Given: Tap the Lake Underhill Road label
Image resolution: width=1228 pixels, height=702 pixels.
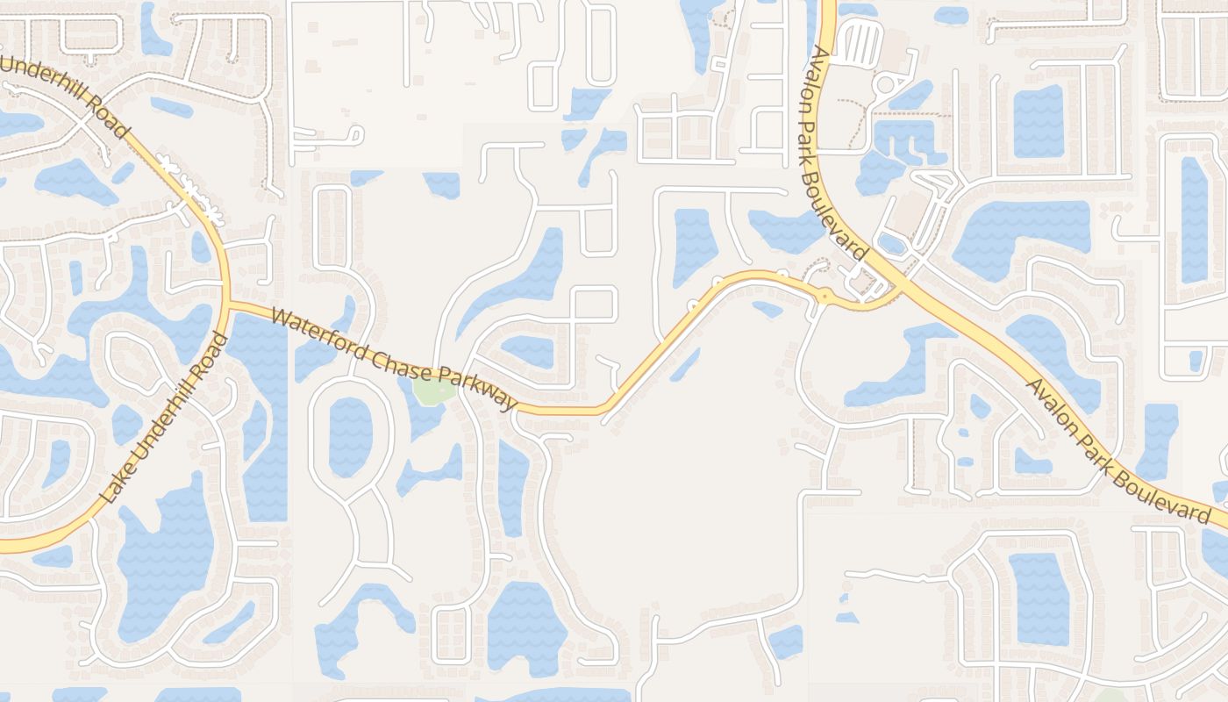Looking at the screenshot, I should pos(166,418).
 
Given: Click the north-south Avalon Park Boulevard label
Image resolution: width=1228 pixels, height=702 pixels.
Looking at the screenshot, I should pos(837,149).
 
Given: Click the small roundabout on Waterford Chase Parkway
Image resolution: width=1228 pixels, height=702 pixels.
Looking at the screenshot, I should pos(825,297).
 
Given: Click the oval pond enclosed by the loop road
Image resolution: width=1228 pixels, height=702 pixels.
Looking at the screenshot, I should pos(351,437).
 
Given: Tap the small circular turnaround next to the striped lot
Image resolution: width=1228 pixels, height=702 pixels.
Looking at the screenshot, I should pos(885,85).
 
